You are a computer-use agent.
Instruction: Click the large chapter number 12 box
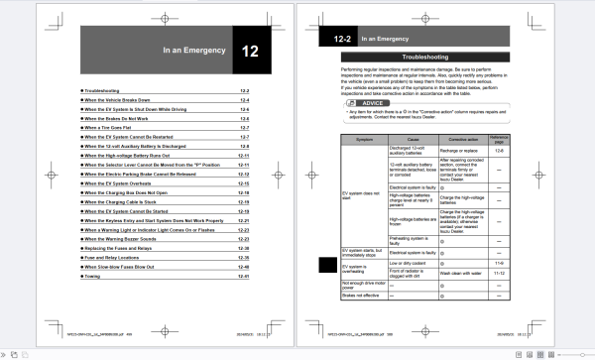coord(249,49)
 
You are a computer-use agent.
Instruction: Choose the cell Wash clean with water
coord(477,270)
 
